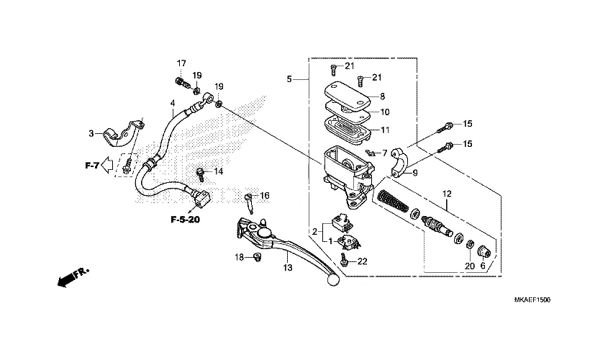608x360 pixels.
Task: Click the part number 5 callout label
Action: (289, 79)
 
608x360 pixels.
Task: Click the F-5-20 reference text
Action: (185, 219)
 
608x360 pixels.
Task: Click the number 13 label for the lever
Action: (288, 268)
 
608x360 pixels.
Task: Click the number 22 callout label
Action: (362, 261)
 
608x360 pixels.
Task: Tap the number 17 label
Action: (181, 63)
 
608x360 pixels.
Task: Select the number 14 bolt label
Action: (218, 172)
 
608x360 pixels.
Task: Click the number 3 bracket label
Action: (91, 133)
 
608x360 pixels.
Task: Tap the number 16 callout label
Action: (264, 196)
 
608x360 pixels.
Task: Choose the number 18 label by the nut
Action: (238, 257)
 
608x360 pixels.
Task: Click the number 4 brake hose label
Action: (173, 104)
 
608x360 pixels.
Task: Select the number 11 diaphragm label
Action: (385, 130)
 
